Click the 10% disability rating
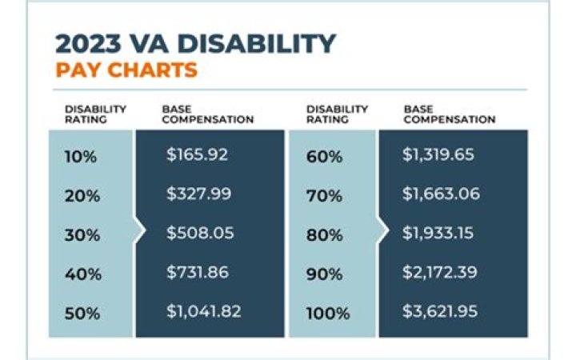click(x=80, y=156)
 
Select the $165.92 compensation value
click(x=197, y=155)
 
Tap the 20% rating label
click(x=81, y=195)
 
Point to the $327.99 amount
click(x=197, y=194)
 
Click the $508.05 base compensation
click(x=198, y=234)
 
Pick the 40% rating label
click(x=81, y=274)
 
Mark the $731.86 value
click(x=197, y=273)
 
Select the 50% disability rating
click(x=81, y=313)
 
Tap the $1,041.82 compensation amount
click(x=203, y=312)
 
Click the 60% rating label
click(x=323, y=156)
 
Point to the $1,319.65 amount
click(x=438, y=155)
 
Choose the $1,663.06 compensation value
click(x=438, y=194)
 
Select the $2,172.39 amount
click(x=438, y=273)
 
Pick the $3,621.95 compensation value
click(x=438, y=312)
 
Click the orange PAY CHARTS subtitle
click(x=126, y=70)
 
